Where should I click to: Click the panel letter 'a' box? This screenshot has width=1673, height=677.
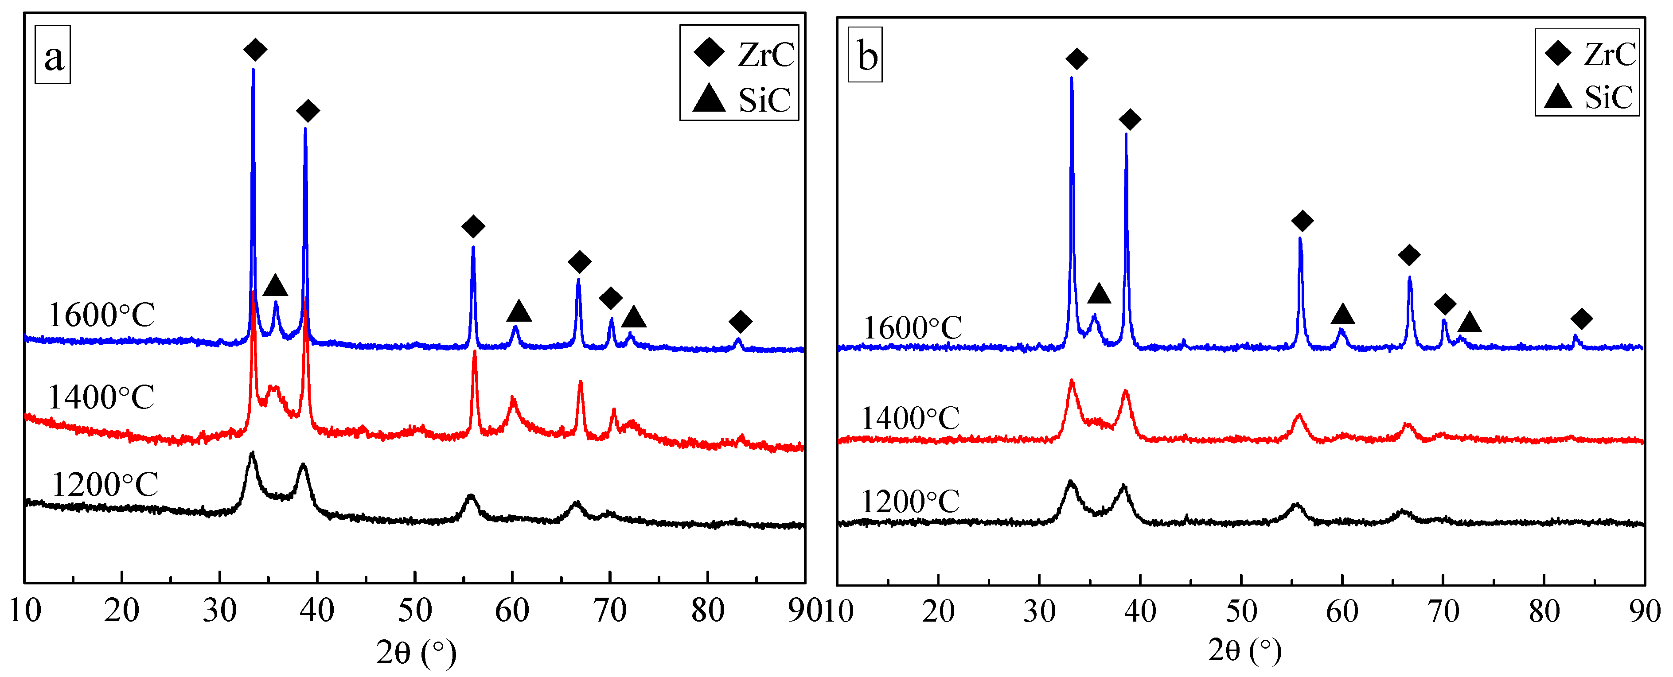click(x=53, y=55)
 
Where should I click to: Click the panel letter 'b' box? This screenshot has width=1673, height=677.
click(x=865, y=55)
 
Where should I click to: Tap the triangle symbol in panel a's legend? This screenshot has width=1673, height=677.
click(x=709, y=99)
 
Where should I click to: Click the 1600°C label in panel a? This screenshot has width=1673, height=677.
click(x=101, y=315)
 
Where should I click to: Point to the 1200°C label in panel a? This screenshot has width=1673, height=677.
click(x=105, y=485)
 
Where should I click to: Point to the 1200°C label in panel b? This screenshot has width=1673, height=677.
click(x=910, y=502)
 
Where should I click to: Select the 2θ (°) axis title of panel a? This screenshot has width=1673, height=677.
click(x=416, y=652)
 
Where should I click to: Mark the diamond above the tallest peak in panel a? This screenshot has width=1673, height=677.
click(x=254, y=49)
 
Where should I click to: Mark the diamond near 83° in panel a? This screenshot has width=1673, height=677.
click(x=740, y=321)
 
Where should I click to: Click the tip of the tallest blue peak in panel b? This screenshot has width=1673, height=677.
click(x=1071, y=78)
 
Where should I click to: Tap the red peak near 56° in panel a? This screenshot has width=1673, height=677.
click(x=474, y=352)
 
